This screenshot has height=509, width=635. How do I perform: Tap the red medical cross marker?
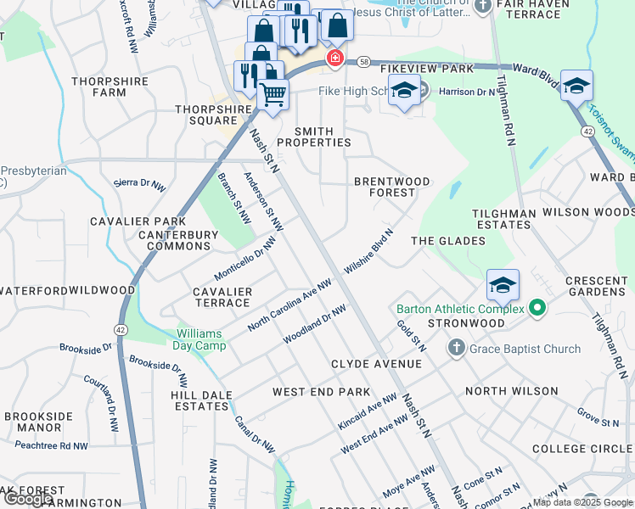[x=335, y=58]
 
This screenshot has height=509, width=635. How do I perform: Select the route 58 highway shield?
[x=363, y=62]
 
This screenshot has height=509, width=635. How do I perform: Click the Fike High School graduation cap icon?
[x=404, y=90]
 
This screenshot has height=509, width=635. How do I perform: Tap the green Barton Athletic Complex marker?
[x=537, y=307]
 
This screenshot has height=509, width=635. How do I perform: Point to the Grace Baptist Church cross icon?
[x=456, y=348]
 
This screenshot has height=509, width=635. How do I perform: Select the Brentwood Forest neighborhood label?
[x=391, y=187]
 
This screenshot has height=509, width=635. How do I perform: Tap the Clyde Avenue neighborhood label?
[x=376, y=364]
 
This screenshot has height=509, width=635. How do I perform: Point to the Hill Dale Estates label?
[x=199, y=400]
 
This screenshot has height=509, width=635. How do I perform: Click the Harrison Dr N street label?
[x=467, y=92]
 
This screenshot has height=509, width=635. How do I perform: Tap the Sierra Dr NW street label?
[x=140, y=182]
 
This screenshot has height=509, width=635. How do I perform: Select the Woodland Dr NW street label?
[x=314, y=325]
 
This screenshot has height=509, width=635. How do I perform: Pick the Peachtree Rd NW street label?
[x=51, y=445]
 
